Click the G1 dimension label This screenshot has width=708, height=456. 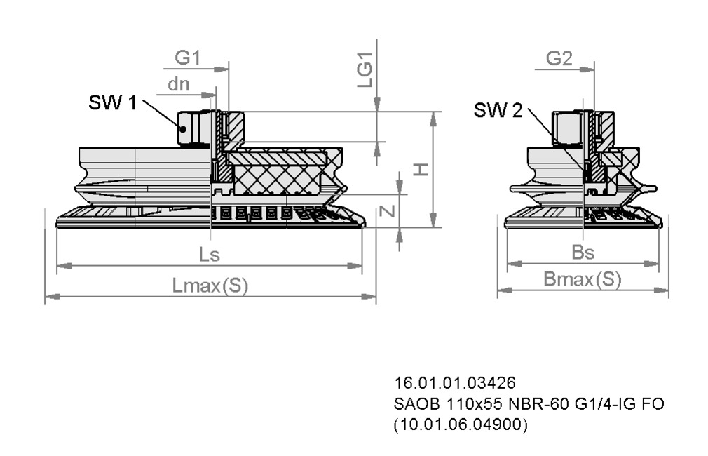click(x=187, y=58)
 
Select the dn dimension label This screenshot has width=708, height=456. click(x=178, y=84)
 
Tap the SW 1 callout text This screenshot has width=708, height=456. click(x=113, y=103)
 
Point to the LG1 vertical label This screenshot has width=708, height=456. click(x=365, y=70)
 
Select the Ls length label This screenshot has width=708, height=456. click(x=209, y=255)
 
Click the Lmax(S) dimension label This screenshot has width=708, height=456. click(x=210, y=286)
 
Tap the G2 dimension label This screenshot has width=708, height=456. click(x=559, y=59)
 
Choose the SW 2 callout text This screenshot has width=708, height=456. click(x=498, y=110)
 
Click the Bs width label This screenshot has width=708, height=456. click(x=583, y=253)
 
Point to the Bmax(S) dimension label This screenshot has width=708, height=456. click(x=583, y=280)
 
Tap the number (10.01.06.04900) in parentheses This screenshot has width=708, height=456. click(x=461, y=424)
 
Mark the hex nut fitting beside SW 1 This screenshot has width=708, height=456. click(x=194, y=128)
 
